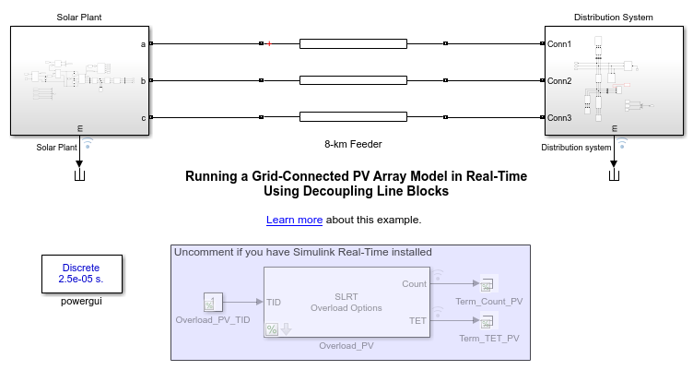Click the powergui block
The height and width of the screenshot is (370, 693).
[x=82, y=273]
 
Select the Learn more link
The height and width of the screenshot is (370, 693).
[x=294, y=220]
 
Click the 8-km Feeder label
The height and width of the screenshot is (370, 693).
[x=353, y=144]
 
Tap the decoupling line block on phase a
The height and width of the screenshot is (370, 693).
[x=353, y=43]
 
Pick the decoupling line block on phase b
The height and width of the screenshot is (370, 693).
[x=353, y=80]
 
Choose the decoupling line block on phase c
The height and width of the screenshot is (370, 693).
[x=353, y=117]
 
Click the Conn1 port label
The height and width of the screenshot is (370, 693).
[x=559, y=43]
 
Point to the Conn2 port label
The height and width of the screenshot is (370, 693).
[x=559, y=80]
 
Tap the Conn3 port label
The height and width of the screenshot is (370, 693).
[x=559, y=118]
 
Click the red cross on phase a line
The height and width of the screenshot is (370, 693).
[x=269, y=43]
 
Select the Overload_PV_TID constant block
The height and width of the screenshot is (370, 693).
[x=213, y=302]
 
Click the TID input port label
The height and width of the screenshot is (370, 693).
[x=274, y=303]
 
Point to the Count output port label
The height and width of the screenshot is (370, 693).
[x=414, y=283]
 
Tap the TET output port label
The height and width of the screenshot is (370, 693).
[x=417, y=321]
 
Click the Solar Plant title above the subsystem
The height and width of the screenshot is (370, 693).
[x=79, y=18]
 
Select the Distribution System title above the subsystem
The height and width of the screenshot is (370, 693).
[x=614, y=18]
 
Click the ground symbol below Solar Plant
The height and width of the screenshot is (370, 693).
[x=79, y=175]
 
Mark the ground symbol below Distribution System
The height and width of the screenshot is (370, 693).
[x=614, y=175]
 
